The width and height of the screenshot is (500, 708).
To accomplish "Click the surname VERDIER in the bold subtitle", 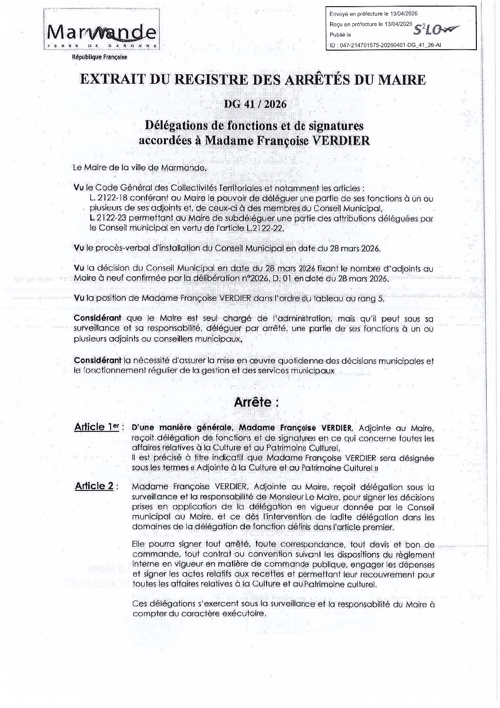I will [345, 140].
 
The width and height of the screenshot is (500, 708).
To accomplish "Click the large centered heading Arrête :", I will [257, 402].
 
